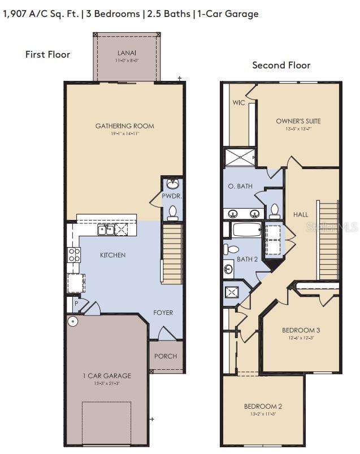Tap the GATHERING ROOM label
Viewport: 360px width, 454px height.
click(x=124, y=126)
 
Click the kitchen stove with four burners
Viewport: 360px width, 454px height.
click(x=73, y=256)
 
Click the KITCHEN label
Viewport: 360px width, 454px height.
click(x=112, y=255)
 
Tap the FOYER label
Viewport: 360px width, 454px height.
click(x=163, y=313)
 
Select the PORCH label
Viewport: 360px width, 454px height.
click(x=165, y=356)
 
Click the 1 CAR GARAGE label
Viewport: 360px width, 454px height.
click(x=106, y=375)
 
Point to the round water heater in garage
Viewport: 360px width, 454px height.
click(x=72, y=322)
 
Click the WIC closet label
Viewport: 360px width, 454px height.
click(x=238, y=103)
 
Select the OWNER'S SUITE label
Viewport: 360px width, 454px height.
click(x=298, y=121)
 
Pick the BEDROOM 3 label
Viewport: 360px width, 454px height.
click(x=301, y=330)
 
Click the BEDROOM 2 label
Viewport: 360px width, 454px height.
click(x=263, y=406)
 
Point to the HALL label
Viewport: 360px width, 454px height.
click(x=301, y=214)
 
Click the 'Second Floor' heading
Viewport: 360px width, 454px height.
click(x=281, y=65)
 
